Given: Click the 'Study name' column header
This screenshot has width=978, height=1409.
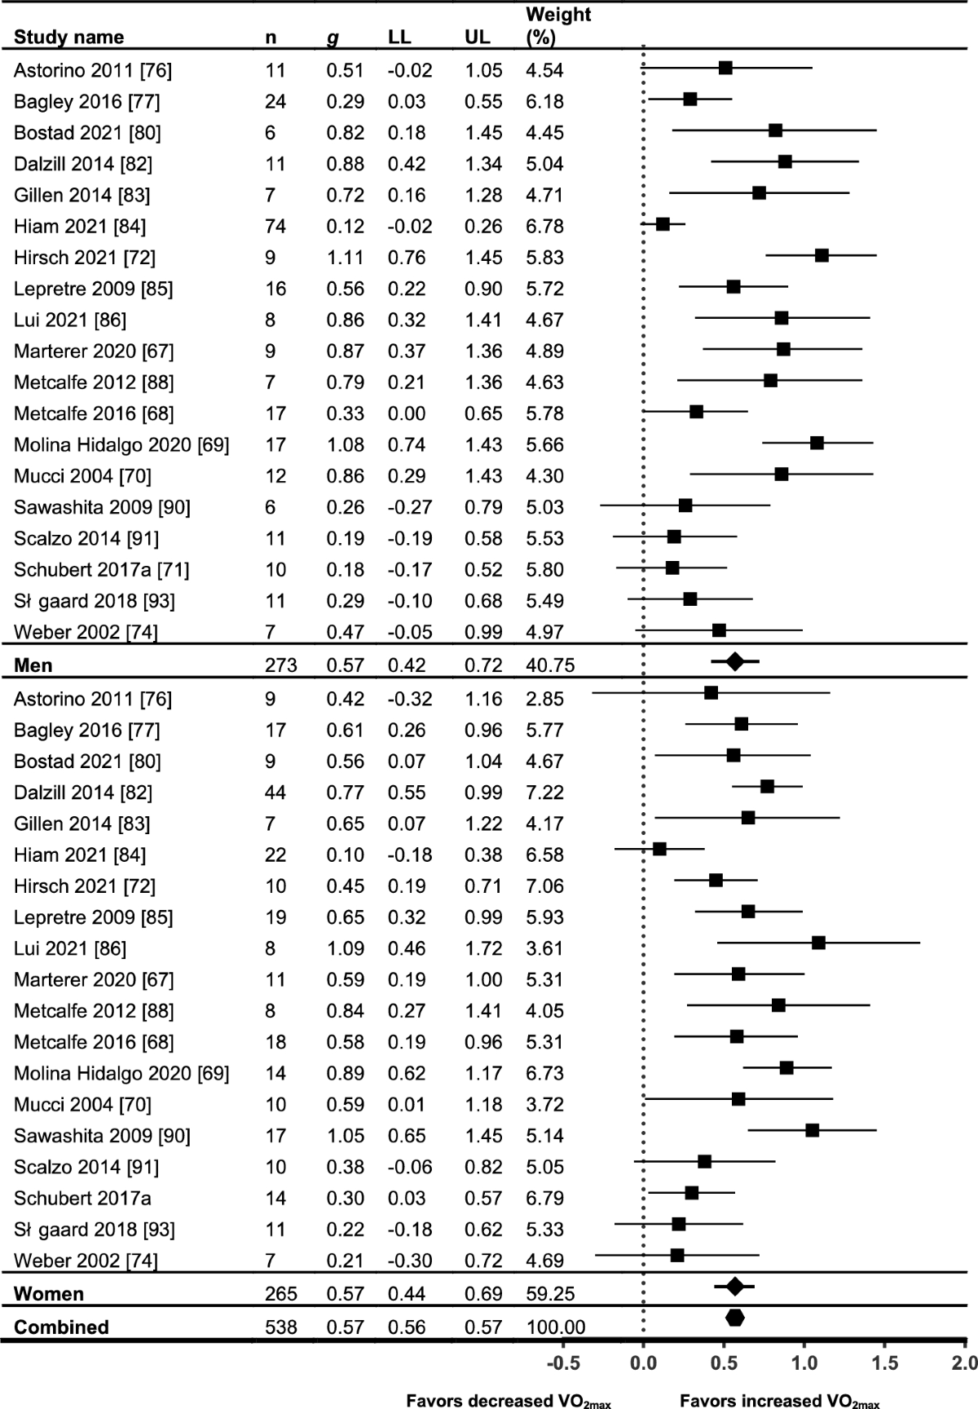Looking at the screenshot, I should (x=68, y=37).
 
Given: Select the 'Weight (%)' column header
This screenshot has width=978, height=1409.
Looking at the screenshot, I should (x=558, y=26).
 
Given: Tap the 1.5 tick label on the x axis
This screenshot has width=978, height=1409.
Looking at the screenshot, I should (x=885, y=1363).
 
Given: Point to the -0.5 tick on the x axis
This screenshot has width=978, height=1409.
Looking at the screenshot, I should (x=562, y=1363).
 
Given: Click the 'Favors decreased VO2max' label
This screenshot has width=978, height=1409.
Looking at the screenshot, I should (x=509, y=1401).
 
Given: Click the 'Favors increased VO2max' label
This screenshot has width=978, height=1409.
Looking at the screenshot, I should (x=780, y=1401).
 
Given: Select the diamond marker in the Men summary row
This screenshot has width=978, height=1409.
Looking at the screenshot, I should (x=734, y=661).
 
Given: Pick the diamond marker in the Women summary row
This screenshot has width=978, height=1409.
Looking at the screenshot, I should (x=734, y=1287).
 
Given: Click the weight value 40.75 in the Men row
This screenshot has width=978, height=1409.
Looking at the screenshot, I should (x=550, y=665).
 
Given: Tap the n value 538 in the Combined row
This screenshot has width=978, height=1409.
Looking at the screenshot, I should (x=281, y=1327).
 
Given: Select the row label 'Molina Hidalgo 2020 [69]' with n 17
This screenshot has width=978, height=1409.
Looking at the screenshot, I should (x=121, y=444).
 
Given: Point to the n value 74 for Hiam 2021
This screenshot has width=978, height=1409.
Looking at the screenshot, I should (x=275, y=226).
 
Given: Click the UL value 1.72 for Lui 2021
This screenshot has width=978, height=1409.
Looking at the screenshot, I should (x=483, y=948).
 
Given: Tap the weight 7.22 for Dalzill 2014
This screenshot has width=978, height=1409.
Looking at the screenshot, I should (x=544, y=793).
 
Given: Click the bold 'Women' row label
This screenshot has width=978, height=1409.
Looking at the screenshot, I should (x=49, y=1294).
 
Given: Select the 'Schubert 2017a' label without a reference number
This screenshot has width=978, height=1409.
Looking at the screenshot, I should (x=72, y=1198).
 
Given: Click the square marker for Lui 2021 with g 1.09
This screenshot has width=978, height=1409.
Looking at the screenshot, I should (x=818, y=943).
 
